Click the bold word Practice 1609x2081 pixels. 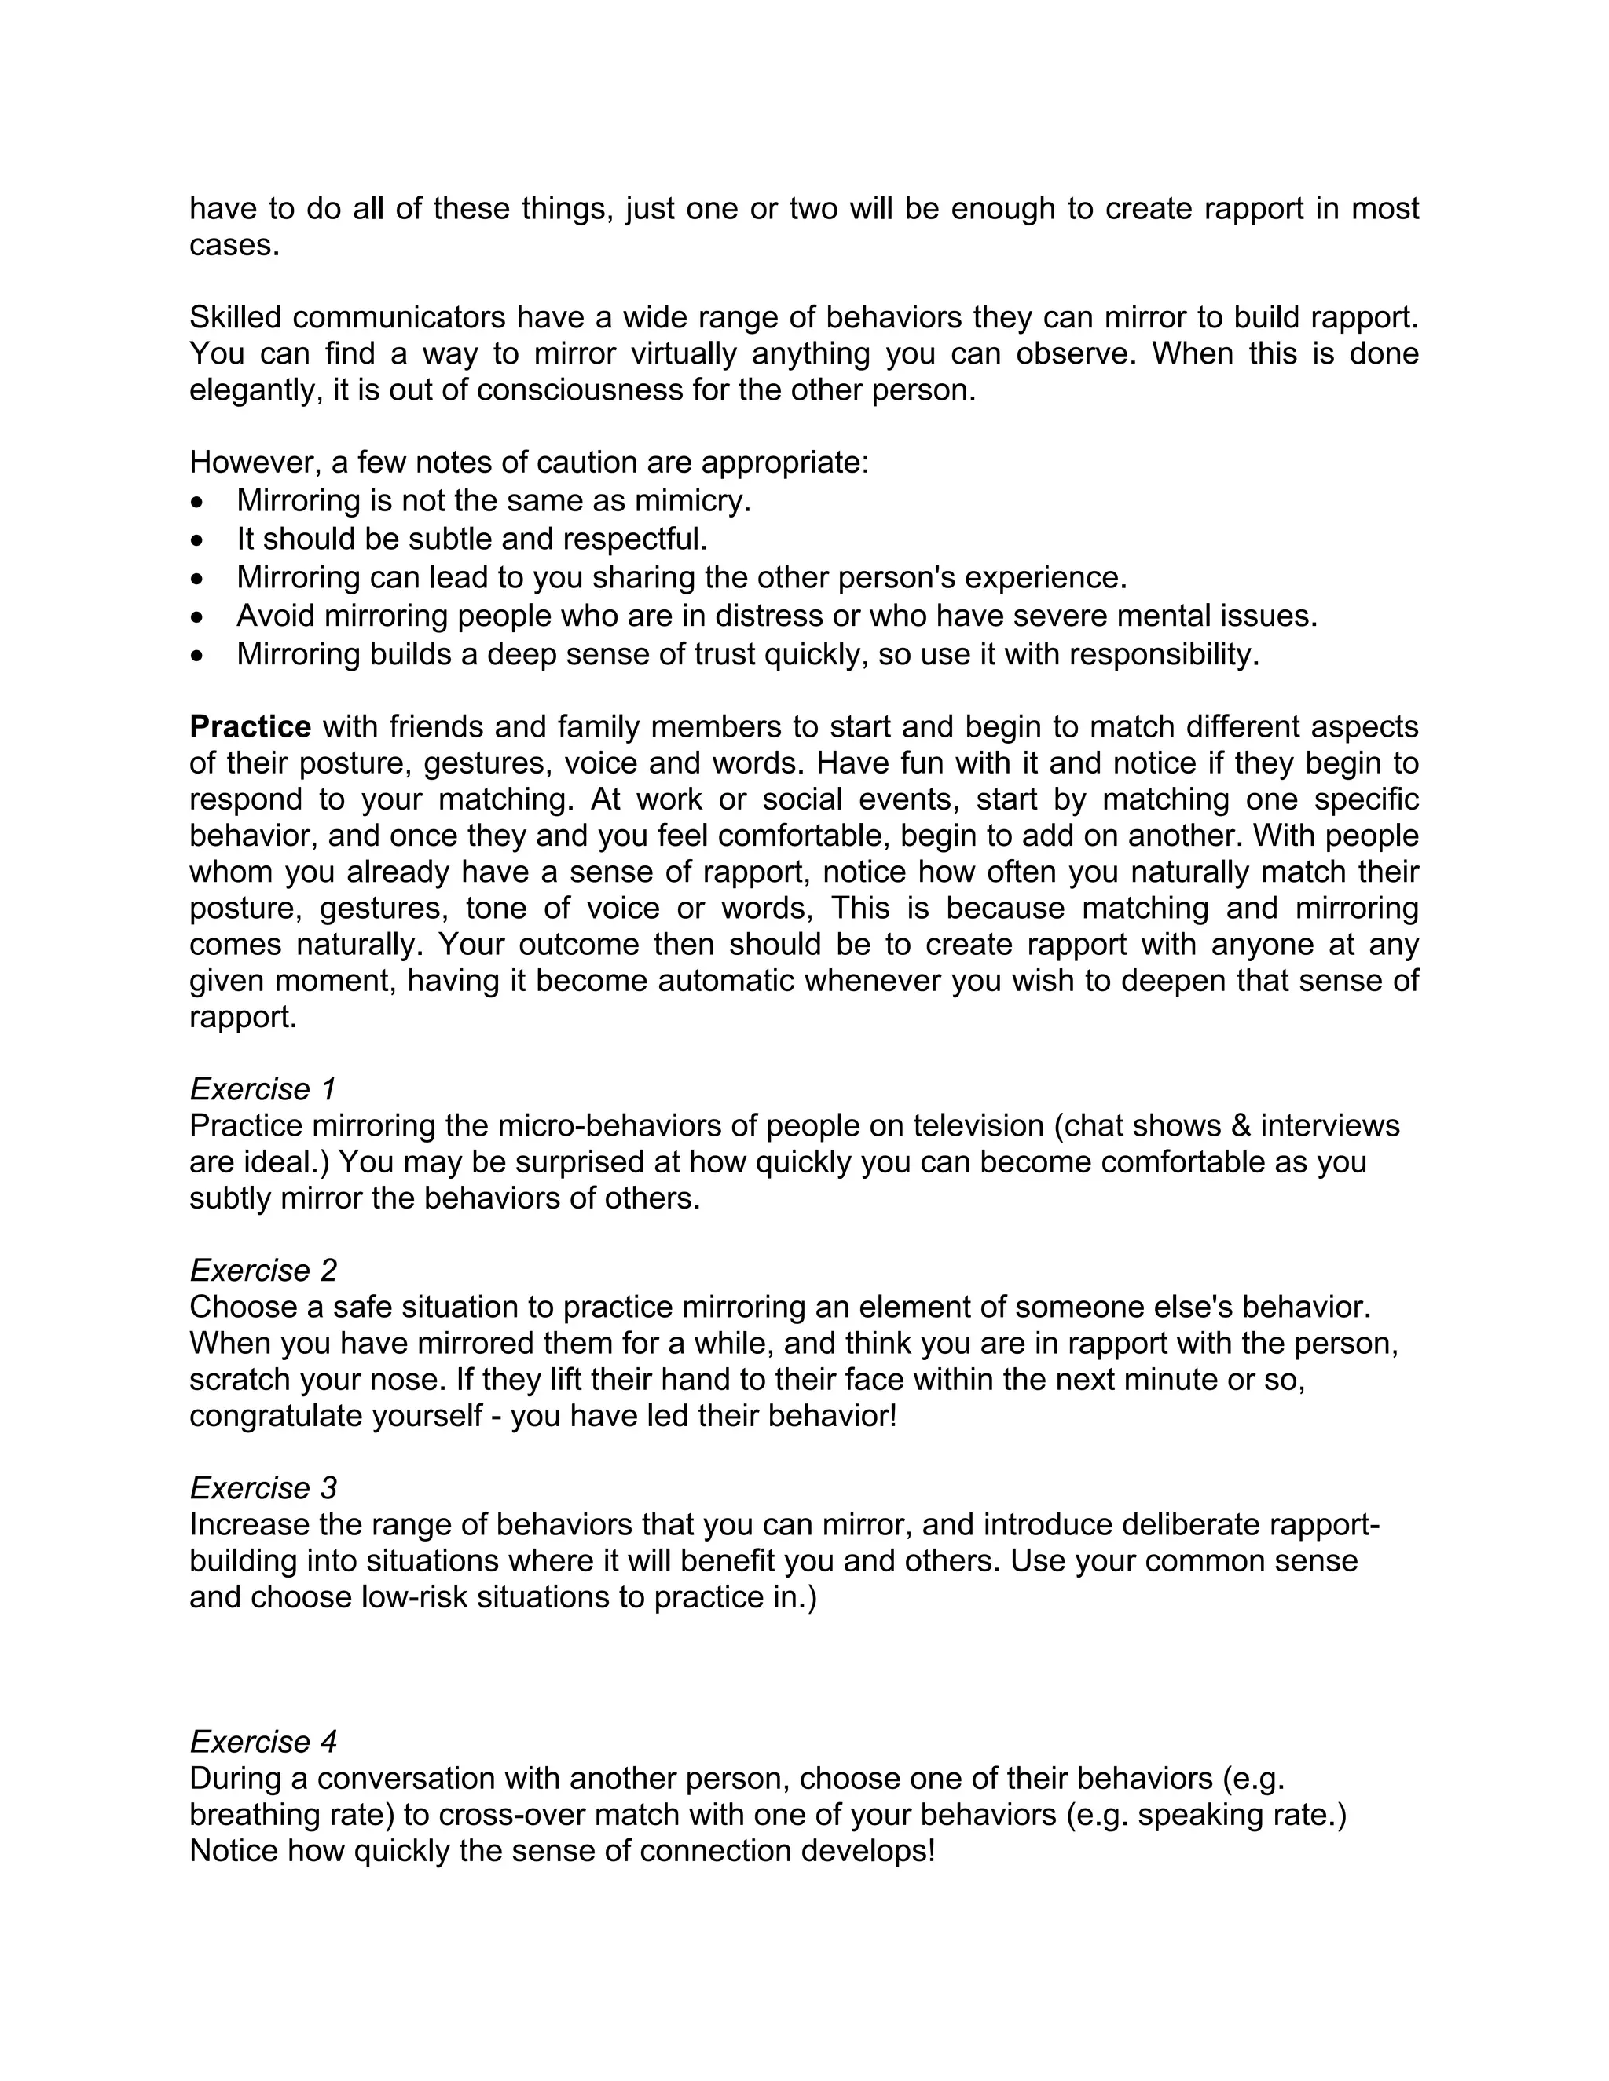250,727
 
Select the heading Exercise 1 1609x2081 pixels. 263,1089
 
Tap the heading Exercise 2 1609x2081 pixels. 263,1270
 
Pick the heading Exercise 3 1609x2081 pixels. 263,1487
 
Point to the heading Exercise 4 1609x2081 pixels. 263,1742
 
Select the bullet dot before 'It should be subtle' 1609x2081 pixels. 197,540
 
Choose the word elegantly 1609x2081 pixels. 251,390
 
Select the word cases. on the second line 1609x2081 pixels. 234,245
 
